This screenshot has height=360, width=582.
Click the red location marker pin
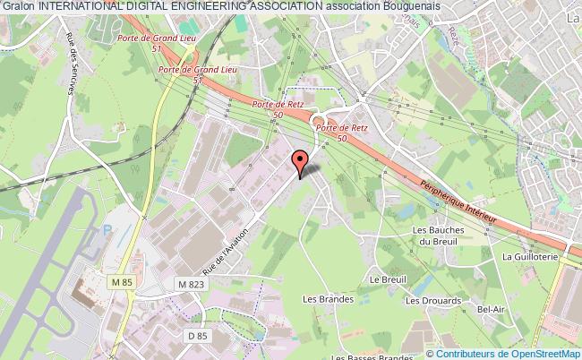[300, 162]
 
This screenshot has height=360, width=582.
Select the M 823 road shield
[190, 285]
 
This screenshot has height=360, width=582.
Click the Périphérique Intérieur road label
[458, 204]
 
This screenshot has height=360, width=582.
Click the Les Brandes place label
[322, 299]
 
